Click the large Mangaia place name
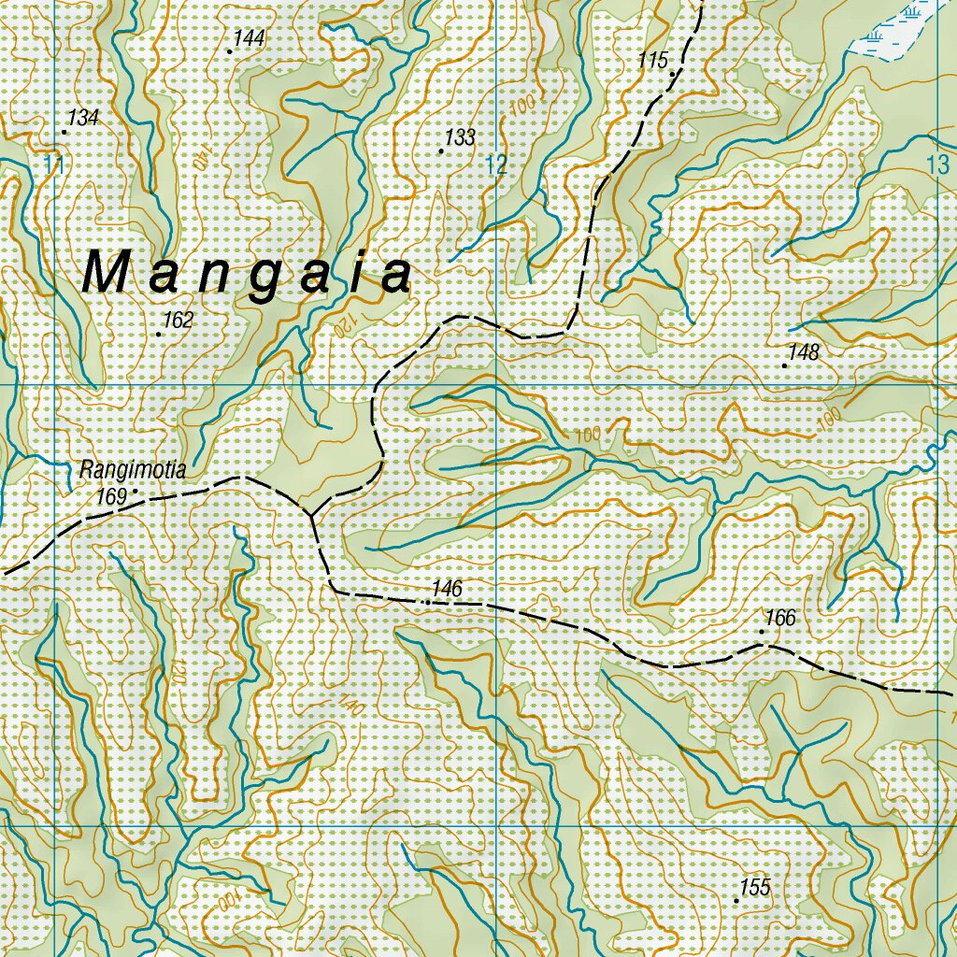(248, 274)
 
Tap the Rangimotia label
(133, 470)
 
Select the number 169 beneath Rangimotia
(110, 497)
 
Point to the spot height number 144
(250, 38)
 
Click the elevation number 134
(83, 118)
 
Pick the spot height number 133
(460, 138)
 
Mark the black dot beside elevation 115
(672, 72)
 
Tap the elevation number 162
(178, 321)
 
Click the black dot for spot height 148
(784, 365)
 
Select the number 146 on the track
(448, 589)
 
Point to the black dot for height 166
(762, 632)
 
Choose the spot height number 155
(754, 888)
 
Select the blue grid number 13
(936, 164)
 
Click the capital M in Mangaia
(105, 273)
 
